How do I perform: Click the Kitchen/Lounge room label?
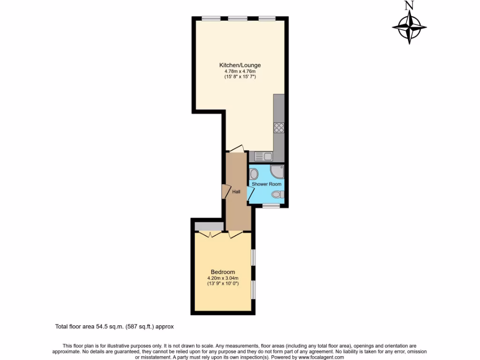240,65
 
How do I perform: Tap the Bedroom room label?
223,272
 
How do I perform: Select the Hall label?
236,192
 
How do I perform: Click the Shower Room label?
267,184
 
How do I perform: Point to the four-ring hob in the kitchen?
279,127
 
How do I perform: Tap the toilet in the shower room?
277,195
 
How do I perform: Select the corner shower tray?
277,172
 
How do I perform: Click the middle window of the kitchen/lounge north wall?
238,18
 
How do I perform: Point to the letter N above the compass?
410,6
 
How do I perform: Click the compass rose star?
410,28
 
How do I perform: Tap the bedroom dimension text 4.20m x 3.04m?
223,278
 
